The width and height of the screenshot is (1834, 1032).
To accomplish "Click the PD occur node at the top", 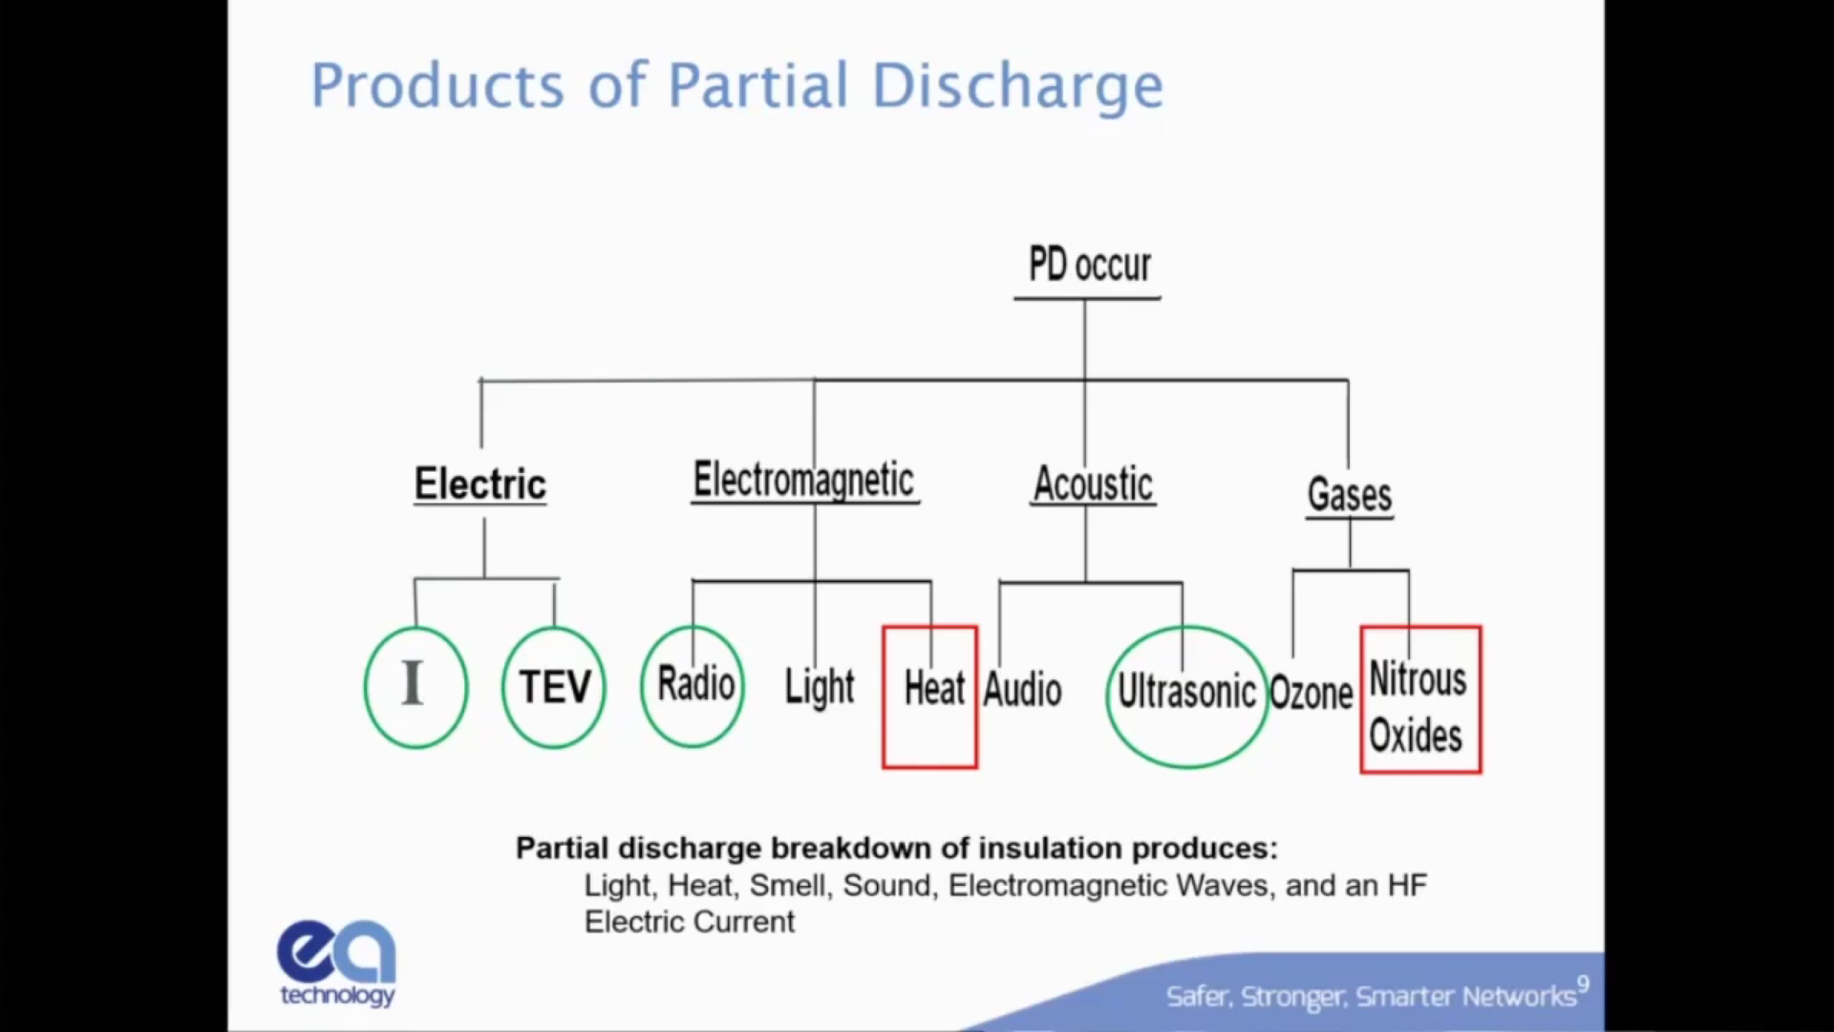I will coord(1089,265).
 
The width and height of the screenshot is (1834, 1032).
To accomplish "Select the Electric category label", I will coord(480,484).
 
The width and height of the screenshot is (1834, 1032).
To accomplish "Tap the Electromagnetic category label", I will coord(803,480).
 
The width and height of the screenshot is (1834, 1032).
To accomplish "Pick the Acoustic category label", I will coord(1093,484).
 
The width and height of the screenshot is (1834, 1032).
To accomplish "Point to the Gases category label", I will coord(1349,495).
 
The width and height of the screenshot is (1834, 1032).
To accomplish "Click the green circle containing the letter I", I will coord(416,686).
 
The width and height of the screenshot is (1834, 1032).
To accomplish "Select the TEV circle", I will coord(554,686).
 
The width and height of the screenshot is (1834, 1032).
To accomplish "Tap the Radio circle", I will coord(693,684).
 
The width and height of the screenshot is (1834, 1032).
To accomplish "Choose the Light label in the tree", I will coord(819,686).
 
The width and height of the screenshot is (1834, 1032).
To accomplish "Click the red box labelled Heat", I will coord(930,697).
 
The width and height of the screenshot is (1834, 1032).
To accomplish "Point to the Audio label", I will coord(1022,690).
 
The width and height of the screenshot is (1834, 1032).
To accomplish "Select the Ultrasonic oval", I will coord(1186,694).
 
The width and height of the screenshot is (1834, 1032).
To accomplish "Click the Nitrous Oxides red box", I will coord(1420,700).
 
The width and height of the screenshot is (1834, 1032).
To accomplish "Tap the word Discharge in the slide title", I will coord(1017,86).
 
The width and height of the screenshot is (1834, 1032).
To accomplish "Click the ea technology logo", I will coord(336,961).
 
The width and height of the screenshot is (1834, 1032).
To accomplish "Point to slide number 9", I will coord(1583,983).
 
